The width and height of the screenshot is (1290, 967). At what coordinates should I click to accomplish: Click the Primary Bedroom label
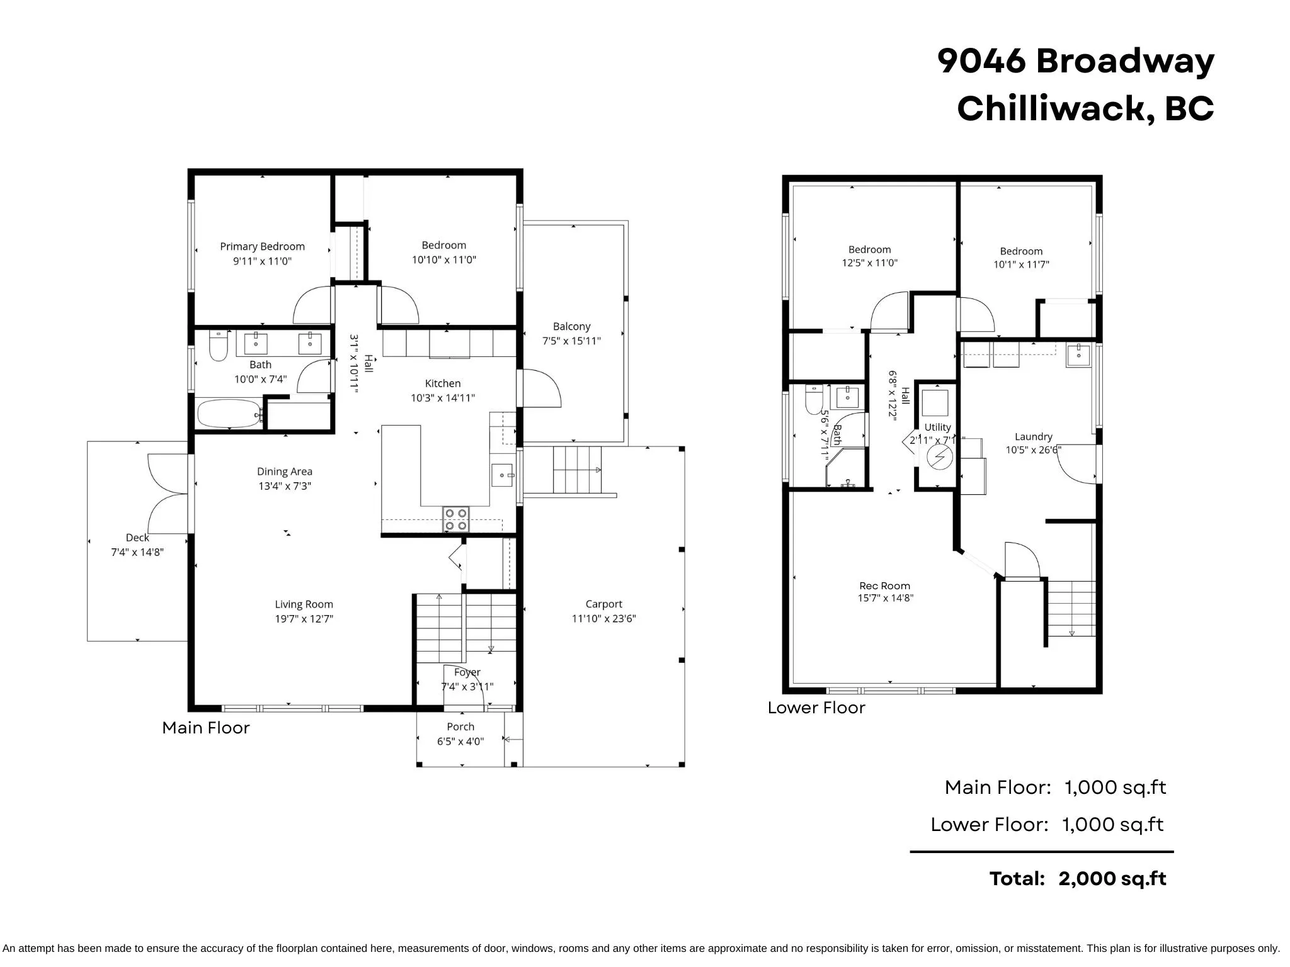click(x=262, y=246)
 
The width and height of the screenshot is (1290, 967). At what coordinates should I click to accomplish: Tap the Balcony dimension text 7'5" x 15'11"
click(x=571, y=341)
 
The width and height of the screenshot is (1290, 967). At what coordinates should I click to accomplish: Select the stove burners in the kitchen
click(x=456, y=519)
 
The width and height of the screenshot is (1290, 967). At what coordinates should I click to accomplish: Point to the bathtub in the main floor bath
click(x=229, y=414)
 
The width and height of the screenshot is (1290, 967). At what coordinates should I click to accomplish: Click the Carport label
click(x=603, y=604)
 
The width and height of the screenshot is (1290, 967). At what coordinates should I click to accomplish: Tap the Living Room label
click(x=304, y=604)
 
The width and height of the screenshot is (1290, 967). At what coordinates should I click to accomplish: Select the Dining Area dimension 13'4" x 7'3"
click(x=285, y=485)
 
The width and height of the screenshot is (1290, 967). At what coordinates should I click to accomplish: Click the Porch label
click(x=460, y=727)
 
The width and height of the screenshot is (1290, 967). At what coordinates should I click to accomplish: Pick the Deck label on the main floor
click(x=137, y=538)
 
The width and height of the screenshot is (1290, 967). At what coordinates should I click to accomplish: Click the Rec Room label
click(x=884, y=585)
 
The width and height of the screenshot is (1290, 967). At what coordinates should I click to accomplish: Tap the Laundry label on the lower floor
click(x=1033, y=436)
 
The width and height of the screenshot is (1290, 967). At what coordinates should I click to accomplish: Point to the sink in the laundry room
click(x=1079, y=355)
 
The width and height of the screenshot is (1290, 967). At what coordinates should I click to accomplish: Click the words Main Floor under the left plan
click(x=206, y=728)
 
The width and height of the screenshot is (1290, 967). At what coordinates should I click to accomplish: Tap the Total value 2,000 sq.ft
click(x=1112, y=878)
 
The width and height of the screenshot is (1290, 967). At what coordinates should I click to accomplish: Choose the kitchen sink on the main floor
click(x=503, y=475)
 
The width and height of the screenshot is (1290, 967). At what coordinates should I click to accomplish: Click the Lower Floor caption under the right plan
click(x=816, y=708)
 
